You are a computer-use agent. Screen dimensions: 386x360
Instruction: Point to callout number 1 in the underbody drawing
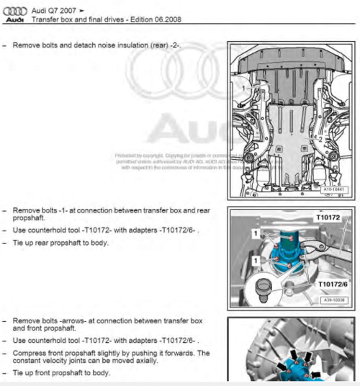pos(244,87)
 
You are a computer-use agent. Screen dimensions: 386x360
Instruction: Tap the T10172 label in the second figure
pos(327,216)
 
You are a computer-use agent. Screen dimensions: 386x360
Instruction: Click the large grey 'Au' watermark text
pos(179,130)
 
